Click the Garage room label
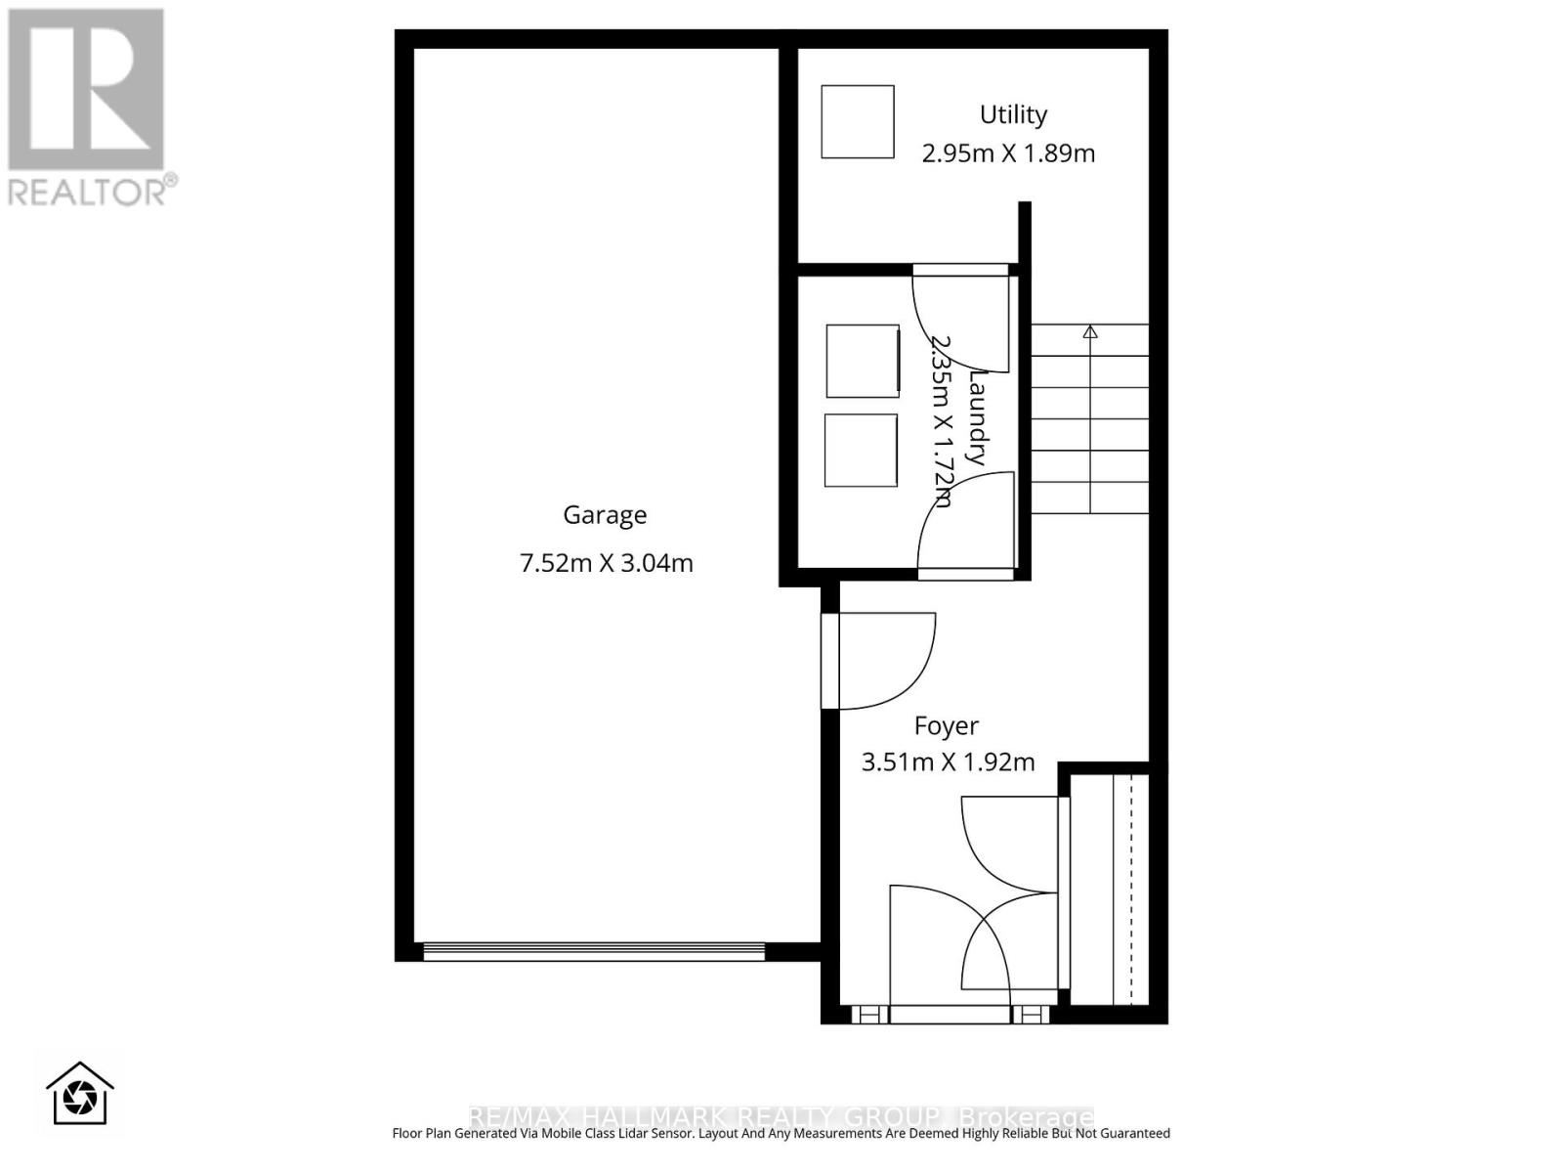605,515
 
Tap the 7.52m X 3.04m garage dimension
606,563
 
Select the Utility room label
1013,114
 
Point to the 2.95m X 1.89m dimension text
1008,153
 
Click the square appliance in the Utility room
858,122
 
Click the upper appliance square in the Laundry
863,361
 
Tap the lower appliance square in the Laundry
861,451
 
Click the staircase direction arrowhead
1090,332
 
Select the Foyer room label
946,726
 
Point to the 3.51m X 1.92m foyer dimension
948,762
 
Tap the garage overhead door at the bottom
593,950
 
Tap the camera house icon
80,1094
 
